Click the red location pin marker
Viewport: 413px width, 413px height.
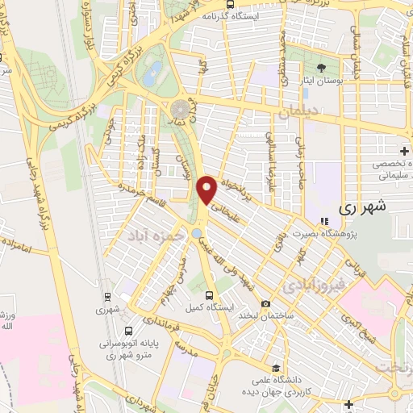(206, 190)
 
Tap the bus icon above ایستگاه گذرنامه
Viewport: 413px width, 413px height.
(231, 4)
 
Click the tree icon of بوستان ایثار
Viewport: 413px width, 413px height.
(322, 67)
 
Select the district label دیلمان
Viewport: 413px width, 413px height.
(294, 115)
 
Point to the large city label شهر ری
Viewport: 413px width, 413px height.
(363, 207)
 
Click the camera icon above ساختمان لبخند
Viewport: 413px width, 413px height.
(265, 303)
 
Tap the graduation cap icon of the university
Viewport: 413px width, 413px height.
(277, 366)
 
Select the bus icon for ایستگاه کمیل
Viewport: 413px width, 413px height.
(209, 295)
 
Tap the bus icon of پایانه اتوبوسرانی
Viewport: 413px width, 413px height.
(129, 330)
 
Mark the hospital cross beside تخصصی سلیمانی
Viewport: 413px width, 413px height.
(404, 151)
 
